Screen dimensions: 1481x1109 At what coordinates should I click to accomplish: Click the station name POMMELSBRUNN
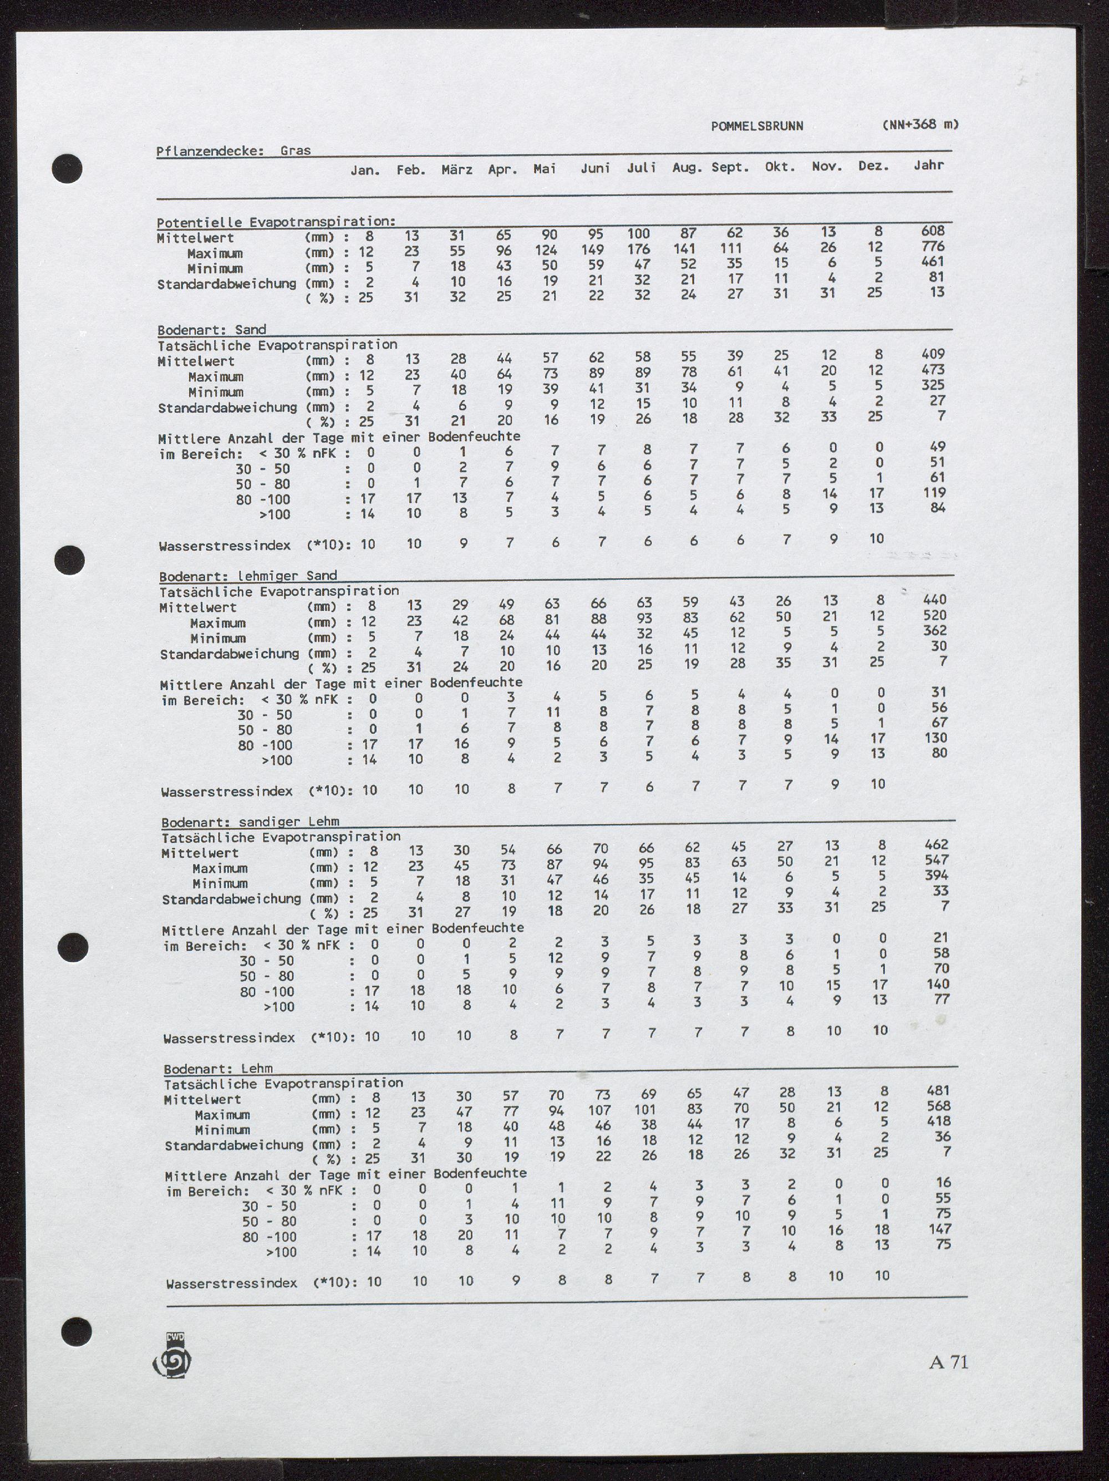757,126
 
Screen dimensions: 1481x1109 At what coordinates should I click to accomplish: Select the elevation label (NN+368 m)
921,125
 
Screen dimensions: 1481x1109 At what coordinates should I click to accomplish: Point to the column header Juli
641,168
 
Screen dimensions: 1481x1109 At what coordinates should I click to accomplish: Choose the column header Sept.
730,167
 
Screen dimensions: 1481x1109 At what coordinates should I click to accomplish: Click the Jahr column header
929,165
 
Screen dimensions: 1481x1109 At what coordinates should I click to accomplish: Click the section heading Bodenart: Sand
212,329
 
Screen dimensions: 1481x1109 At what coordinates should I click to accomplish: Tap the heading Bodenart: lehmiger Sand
248,576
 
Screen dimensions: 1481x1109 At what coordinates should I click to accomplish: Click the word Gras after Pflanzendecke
296,151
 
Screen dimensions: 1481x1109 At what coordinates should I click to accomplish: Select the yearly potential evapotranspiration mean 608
932,231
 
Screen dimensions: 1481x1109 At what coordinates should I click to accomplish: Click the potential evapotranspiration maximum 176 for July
641,249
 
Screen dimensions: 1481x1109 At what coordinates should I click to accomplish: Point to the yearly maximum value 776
932,247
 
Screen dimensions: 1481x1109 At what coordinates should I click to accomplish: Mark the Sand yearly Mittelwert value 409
933,354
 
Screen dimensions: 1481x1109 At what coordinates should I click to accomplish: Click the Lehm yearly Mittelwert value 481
938,1091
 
